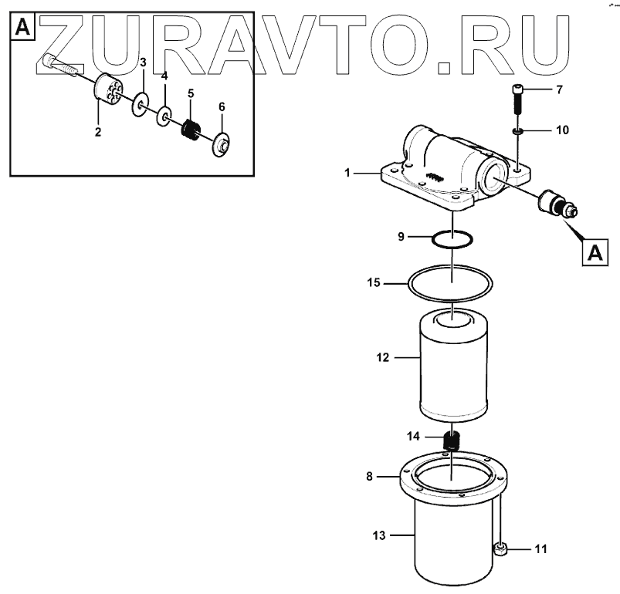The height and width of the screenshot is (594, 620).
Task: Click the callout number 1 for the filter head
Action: tap(348, 174)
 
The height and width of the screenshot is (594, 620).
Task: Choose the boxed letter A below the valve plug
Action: tap(594, 251)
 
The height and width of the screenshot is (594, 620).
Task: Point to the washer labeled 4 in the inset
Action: tap(164, 116)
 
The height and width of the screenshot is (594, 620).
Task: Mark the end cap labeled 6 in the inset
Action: tap(222, 143)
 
